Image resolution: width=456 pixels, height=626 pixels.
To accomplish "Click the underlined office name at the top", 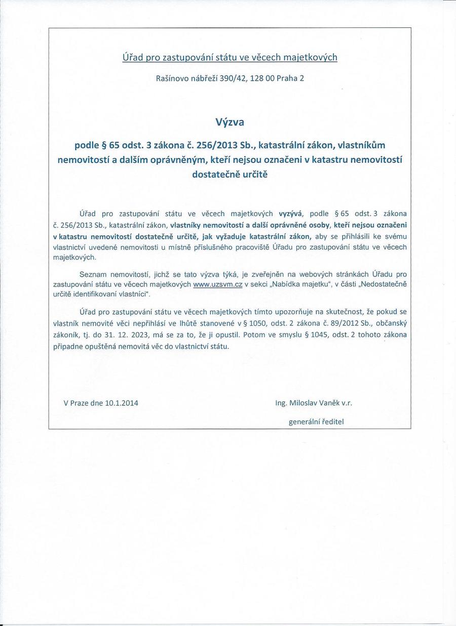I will [230, 57].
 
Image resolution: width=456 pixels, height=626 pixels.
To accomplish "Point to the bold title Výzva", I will [230, 122].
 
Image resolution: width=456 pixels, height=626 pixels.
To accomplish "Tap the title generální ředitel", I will [319, 421].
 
